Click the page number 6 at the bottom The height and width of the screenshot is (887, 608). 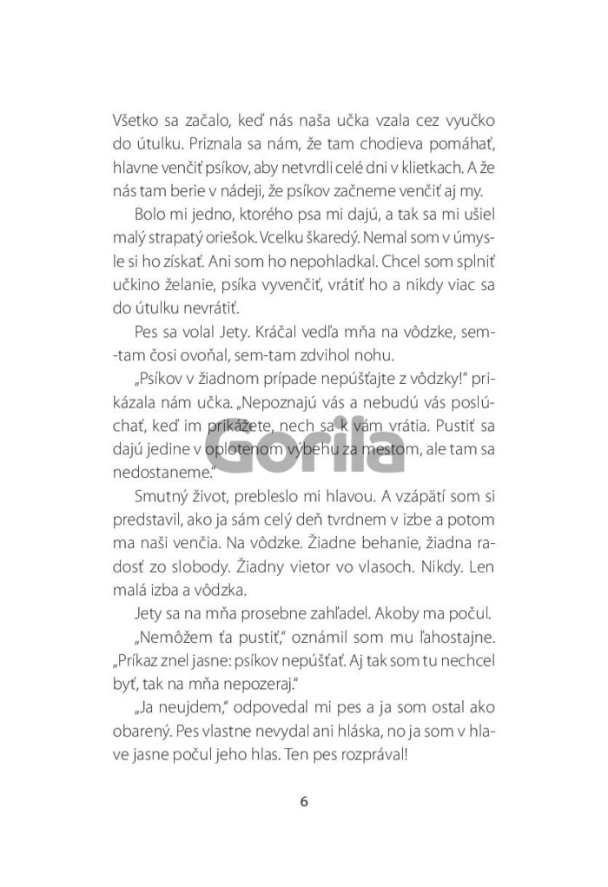click(303, 801)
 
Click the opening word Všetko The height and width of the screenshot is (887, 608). click(137, 124)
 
